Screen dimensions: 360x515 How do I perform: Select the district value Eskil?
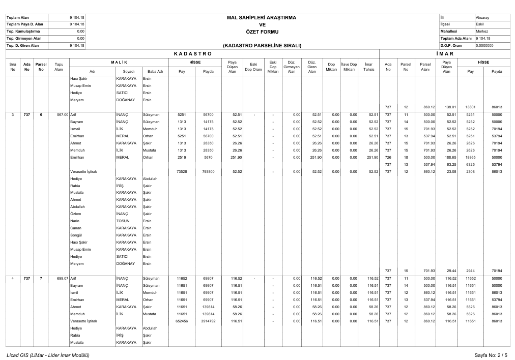[x=479, y=24]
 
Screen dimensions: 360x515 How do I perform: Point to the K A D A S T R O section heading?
[x=192, y=53]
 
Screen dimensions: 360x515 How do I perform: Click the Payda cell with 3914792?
[x=208, y=321]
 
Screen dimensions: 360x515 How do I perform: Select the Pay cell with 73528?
[x=181, y=172]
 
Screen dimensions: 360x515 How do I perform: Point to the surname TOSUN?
[x=123, y=221]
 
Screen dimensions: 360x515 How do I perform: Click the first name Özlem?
[x=75, y=214]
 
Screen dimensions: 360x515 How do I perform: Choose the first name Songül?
[x=76, y=235]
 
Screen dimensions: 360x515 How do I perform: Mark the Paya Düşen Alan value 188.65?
[x=447, y=158]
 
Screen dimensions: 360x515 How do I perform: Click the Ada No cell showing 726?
[x=388, y=158]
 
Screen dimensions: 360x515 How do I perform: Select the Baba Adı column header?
[x=155, y=72]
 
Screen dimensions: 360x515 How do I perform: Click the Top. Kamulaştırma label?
[x=23, y=31]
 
